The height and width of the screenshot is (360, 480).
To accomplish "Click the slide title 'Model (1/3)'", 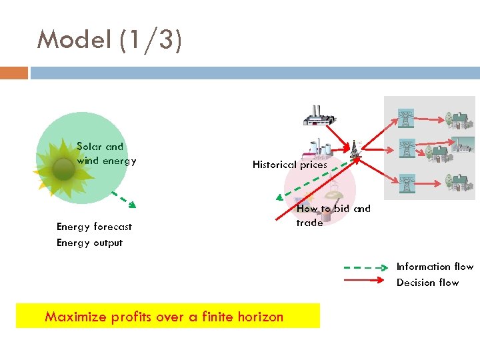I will coord(109,40).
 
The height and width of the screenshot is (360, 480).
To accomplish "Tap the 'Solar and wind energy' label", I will coord(106,153).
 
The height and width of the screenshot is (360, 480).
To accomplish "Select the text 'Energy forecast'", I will coord(94,227).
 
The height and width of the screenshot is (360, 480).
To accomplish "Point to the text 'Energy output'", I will coord(89,243).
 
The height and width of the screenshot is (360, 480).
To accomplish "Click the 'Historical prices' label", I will coord(289,165).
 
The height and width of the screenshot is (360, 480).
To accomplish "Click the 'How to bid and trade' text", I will coord(333,215).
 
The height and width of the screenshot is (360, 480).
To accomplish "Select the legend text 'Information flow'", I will coord(435,267).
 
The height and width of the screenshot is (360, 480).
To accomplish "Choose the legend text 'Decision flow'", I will coord(427,283).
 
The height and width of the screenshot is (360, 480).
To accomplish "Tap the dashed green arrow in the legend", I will coord(365,267).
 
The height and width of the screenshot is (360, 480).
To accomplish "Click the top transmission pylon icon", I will coord(405,119).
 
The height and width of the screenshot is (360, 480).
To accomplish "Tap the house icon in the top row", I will coord(457,120).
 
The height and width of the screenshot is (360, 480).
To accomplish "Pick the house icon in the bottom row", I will coord(457,181).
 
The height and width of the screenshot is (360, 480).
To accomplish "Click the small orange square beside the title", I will coord(14,73).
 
